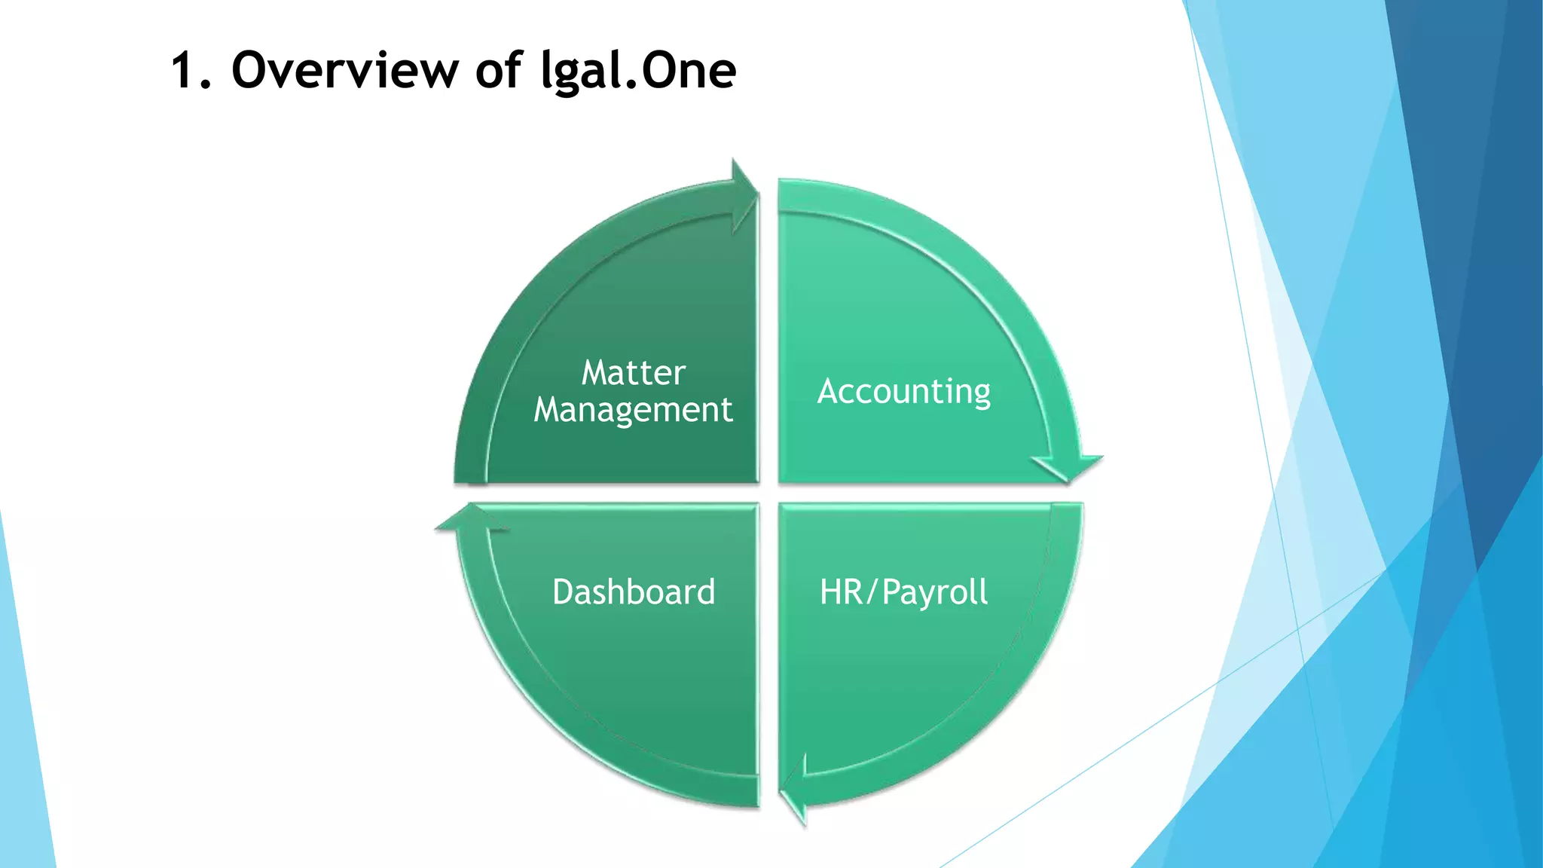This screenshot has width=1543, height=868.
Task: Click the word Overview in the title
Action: point(344,70)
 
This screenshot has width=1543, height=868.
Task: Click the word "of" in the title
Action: point(499,70)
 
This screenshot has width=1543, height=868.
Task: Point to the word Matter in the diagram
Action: point(633,373)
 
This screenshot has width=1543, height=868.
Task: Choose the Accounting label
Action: point(903,392)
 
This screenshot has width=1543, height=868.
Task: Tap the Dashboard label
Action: point(634,592)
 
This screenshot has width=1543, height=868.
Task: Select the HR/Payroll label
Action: point(903,593)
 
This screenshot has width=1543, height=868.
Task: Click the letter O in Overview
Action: point(251,70)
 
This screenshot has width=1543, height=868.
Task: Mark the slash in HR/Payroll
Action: point(872,593)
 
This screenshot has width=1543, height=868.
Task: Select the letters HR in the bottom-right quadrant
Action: point(841,592)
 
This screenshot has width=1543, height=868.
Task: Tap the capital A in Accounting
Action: point(829,392)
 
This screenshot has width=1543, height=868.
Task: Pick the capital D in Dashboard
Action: point(564,592)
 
